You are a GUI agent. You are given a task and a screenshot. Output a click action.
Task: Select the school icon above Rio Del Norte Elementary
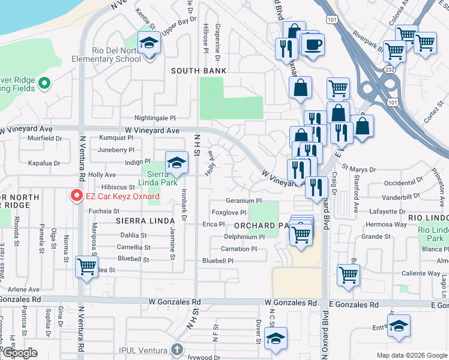click(149, 44)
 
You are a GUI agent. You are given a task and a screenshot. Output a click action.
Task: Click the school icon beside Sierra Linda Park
click(176, 163)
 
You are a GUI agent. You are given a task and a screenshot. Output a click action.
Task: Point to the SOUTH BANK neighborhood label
click(199, 71)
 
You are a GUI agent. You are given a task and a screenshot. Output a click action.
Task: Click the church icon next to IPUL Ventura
click(176, 349)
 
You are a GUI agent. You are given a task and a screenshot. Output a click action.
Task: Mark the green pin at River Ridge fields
click(44, 84)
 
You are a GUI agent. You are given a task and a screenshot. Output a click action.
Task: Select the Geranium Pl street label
click(244, 201)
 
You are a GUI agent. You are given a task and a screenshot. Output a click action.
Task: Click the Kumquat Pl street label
click(116, 138)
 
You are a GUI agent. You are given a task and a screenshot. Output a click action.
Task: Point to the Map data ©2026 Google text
click(411, 355)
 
